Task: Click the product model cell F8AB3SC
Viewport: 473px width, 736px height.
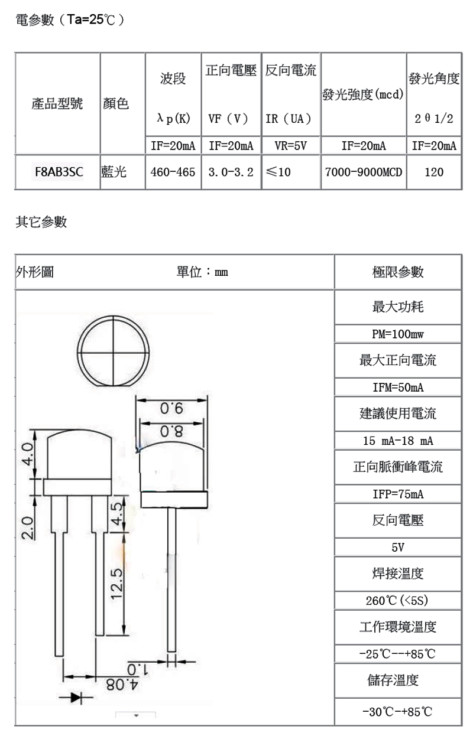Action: pyautogui.click(x=57, y=172)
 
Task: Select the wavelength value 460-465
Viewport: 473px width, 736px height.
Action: pyautogui.click(x=173, y=172)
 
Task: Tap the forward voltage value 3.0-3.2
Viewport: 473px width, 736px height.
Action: pyautogui.click(x=231, y=172)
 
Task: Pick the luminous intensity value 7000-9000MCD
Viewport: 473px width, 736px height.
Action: pyautogui.click(x=363, y=172)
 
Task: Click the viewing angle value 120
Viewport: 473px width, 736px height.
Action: pyautogui.click(x=434, y=172)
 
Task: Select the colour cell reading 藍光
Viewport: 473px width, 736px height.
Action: pyautogui.click(x=114, y=172)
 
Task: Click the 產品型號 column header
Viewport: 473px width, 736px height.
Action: pyautogui.click(x=57, y=105)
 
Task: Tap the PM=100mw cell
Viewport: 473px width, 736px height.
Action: pyautogui.click(x=398, y=334)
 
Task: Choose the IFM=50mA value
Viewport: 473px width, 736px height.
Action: pyautogui.click(x=398, y=387)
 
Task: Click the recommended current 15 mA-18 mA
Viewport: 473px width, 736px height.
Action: pyautogui.click(x=398, y=441)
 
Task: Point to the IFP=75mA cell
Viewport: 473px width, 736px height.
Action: pyautogui.click(x=398, y=494)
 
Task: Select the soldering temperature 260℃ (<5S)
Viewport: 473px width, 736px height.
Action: pyautogui.click(x=398, y=601)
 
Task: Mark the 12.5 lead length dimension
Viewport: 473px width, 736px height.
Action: pyautogui.click(x=116, y=582)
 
